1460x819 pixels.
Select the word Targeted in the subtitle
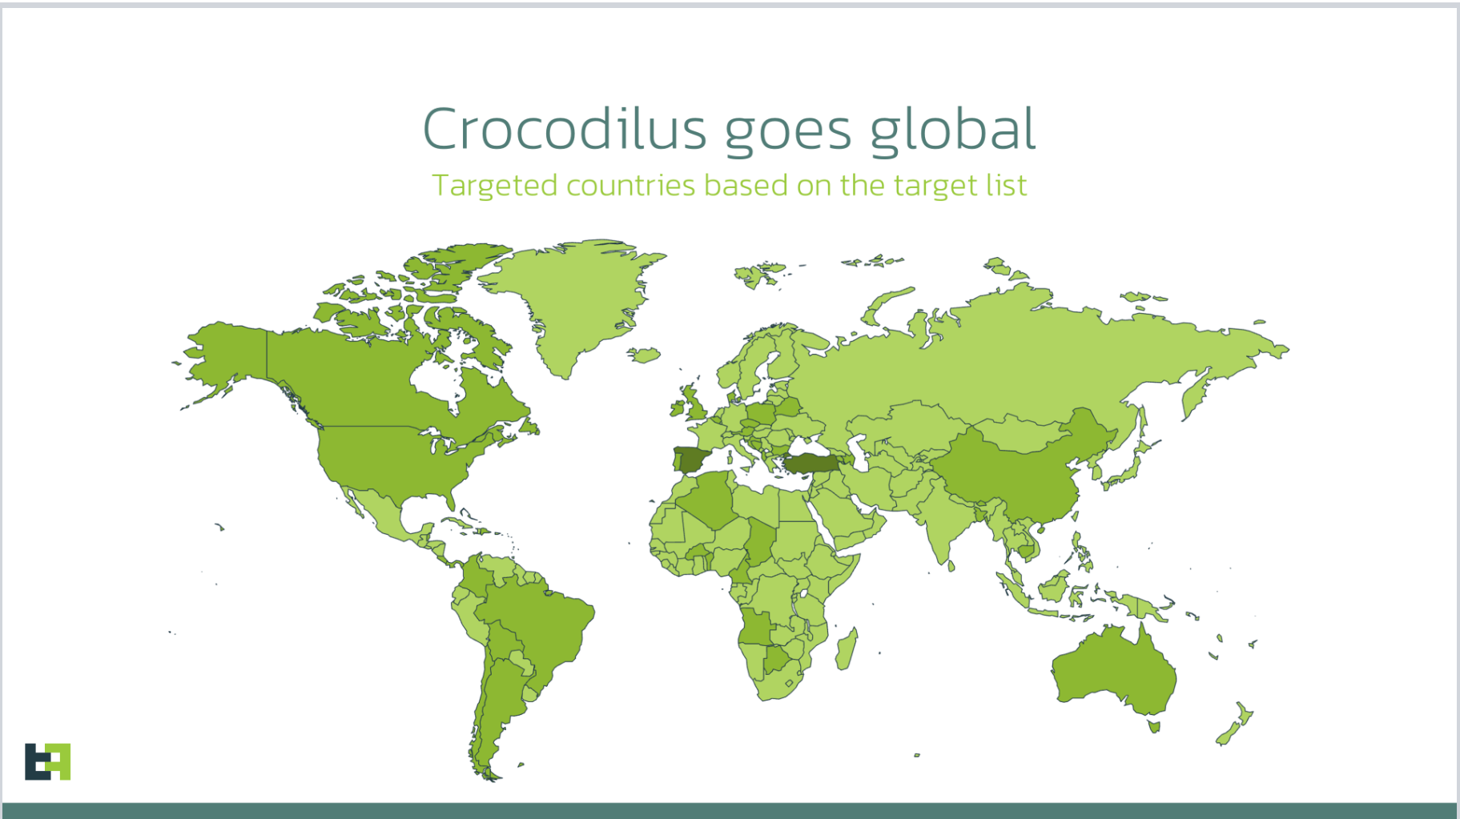(495, 186)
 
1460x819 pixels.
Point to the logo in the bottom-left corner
(47, 761)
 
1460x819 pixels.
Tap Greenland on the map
(573, 300)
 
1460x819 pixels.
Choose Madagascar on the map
(847, 649)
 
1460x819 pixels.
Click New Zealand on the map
(1234, 724)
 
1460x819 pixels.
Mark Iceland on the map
(644, 354)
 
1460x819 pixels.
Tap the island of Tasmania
(1154, 726)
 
